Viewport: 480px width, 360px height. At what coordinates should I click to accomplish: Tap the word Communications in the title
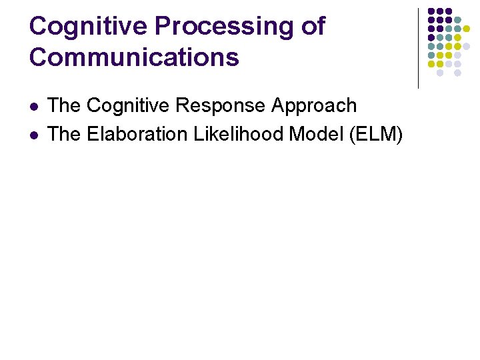pos(134,57)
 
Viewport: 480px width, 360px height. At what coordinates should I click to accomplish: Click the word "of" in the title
pos(313,27)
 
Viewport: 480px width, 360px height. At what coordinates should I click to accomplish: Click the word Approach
pos(314,105)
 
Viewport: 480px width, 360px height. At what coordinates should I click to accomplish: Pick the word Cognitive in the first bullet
pos(129,105)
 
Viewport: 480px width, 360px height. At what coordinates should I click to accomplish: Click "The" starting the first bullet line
pos(65,105)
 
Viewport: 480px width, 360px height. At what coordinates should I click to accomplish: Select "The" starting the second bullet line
pos(65,134)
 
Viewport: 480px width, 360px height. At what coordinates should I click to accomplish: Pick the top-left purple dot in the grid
pos(431,11)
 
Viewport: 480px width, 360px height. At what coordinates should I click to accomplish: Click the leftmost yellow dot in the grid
pos(431,64)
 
